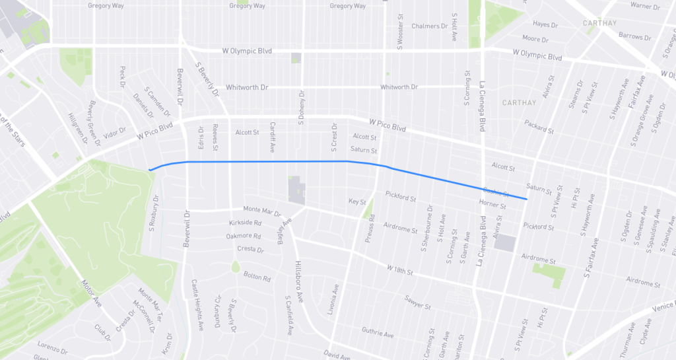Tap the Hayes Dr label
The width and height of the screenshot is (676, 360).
[x=545, y=24]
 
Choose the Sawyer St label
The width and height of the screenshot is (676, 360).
[x=419, y=306]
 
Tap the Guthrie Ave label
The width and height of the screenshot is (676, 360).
[x=377, y=332]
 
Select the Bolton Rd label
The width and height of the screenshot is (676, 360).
[x=257, y=277]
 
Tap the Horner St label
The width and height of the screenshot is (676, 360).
[x=492, y=205]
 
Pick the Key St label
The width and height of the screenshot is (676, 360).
[x=356, y=201]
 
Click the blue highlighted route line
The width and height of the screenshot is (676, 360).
[x=264, y=161]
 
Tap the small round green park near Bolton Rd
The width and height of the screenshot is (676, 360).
[x=236, y=266]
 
